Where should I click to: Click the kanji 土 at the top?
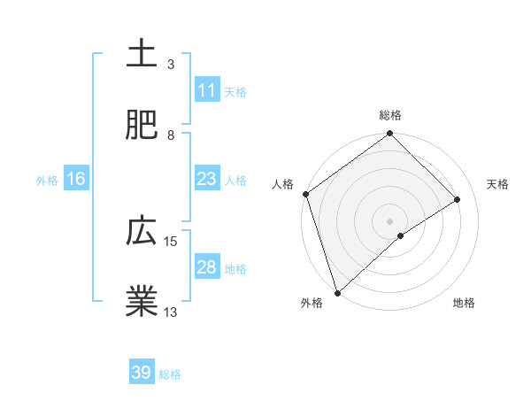pyautogui.click(x=142, y=54)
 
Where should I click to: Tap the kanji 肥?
pyautogui.click(x=142, y=125)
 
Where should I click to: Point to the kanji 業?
pyautogui.click(x=142, y=302)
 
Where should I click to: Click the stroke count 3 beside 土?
pyautogui.click(x=171, y=65)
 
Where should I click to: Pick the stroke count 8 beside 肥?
pyautogui.click(x=171, y=135)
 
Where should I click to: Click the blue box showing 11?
pyautogui.click(x=206, y=90)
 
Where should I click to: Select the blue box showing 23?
pyautogui.click(x=206, y=179)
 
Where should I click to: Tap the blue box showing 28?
pyautogui.click(x=206, y=267)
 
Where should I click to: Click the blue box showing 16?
pyautogui.click(x=76, y=179)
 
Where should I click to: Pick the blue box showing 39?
pyautogui.click(x=142, y=373)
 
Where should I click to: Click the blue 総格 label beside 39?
pyautogui.click(x=171, y=374)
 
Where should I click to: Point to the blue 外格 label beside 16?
pyautogui.click(x=47, y=181)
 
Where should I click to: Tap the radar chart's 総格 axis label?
pyautogui.click(x=390, y=115)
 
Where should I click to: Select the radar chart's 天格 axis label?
pyautogui.click(x=498, y=184)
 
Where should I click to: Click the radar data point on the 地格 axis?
pyautogui.click(x=401, y=235)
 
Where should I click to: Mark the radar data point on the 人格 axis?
pyautogui.click(x=305, y=194)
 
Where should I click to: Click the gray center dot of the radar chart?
pyautogui.click(x=390, y=220)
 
